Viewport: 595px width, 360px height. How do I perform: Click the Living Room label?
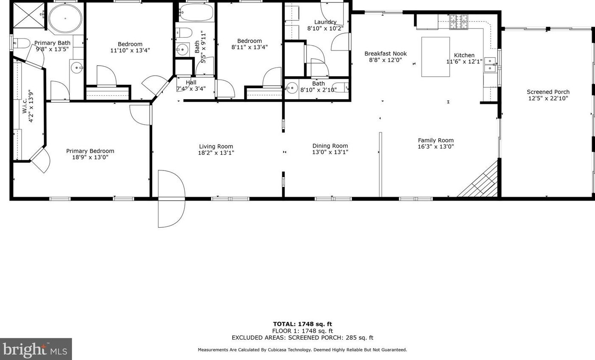(216, 146)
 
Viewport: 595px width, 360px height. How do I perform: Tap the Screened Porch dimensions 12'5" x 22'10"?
(548, 98)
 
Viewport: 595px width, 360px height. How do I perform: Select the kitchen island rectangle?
(436, 57)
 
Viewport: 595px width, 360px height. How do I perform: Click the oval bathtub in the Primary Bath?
(65, 19)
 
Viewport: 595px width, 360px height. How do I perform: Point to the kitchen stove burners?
(459, 22)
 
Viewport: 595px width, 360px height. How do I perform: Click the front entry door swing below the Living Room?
(171, 199)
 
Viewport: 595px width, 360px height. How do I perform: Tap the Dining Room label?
(330, 146)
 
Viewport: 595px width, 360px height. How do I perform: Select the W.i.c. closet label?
(25, 106)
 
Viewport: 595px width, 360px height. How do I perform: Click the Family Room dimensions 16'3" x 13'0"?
(436, 146)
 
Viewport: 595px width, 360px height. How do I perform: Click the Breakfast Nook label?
(385, 54)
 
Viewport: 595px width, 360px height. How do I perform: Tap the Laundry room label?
(325, 22)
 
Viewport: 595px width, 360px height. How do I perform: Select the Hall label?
(191, 82)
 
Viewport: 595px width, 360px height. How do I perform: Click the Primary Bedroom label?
(90, 151)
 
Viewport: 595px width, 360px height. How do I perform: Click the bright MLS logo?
(36, 349)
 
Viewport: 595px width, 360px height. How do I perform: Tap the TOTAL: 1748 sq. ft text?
(303, 324)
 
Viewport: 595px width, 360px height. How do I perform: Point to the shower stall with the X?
(29, 15)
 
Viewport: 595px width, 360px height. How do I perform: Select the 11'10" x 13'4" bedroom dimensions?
(130, 50)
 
